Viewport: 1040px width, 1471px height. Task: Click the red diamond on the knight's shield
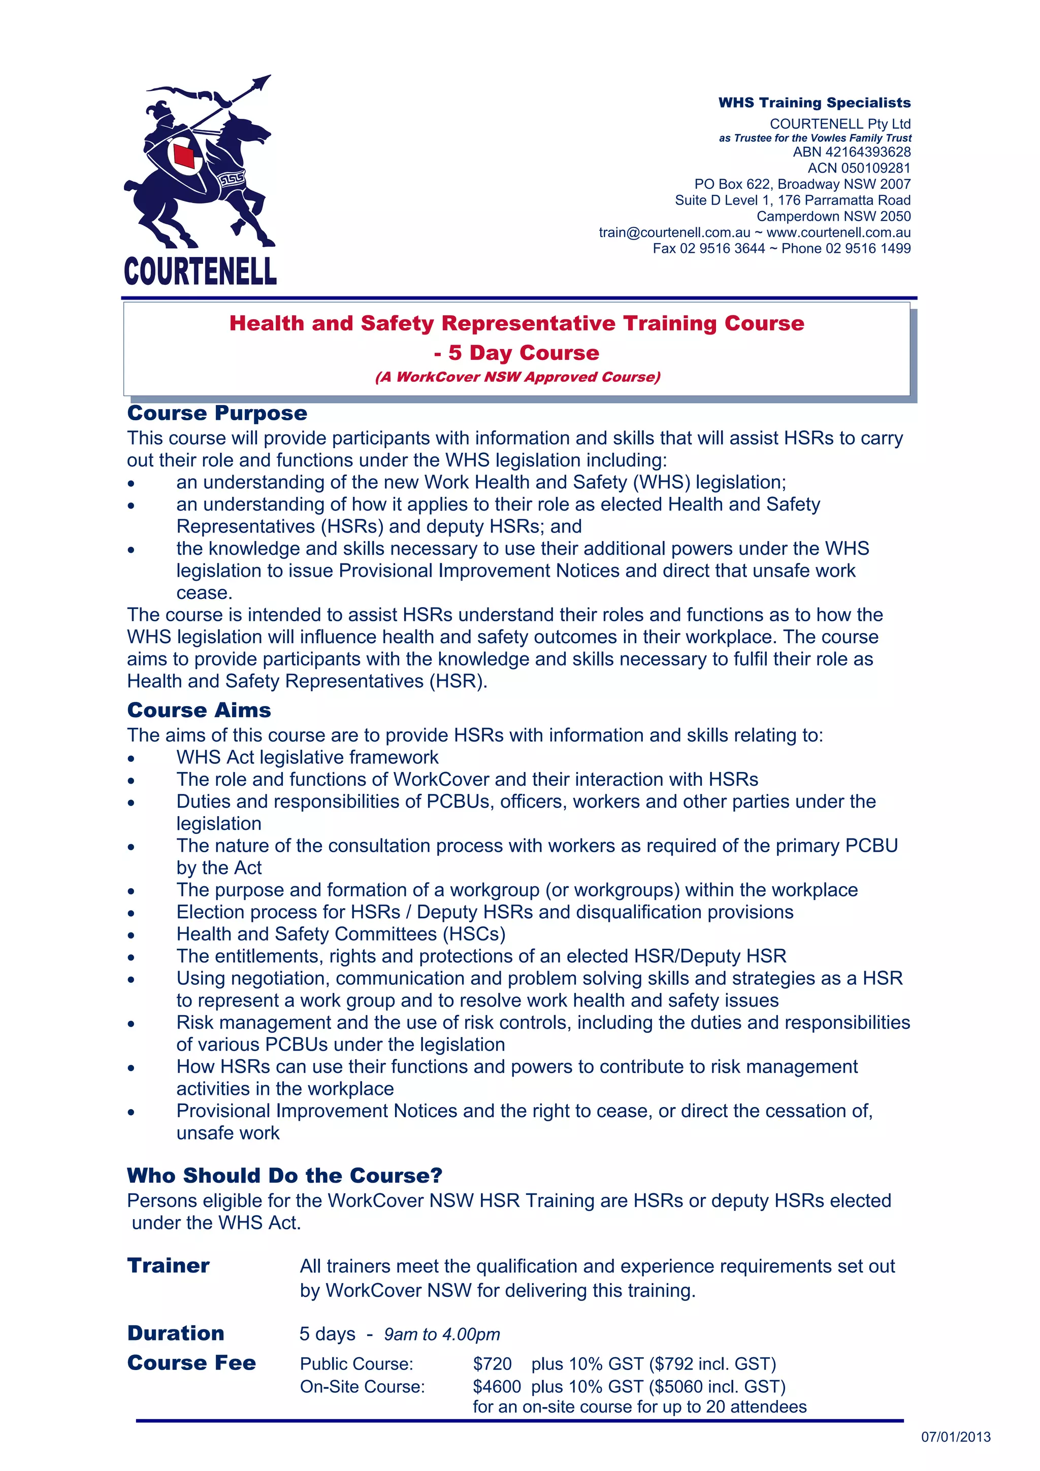[184, 156]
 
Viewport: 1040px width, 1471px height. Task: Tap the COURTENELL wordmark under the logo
[200, 271]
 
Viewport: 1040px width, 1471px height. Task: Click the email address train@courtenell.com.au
[674, 232]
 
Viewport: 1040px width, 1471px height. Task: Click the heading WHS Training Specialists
[814, 103]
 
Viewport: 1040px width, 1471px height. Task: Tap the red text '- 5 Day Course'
[516, 352]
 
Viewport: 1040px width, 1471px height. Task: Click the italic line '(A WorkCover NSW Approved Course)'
[517, 377]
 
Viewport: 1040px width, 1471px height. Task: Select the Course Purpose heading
[217, 413]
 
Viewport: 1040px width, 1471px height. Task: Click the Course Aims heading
[199, 710]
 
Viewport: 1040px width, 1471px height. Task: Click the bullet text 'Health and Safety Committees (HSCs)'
[341, 934]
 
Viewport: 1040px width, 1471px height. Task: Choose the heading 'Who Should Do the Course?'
[284, 1175]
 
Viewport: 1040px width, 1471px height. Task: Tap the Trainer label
[168, 1265]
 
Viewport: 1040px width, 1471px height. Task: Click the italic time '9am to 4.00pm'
[441, 1334]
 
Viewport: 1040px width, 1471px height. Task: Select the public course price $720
[492, 1363]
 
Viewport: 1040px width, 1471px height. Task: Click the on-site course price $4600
[497, 1386]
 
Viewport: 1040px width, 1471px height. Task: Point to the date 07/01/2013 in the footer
[955, 1437]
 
